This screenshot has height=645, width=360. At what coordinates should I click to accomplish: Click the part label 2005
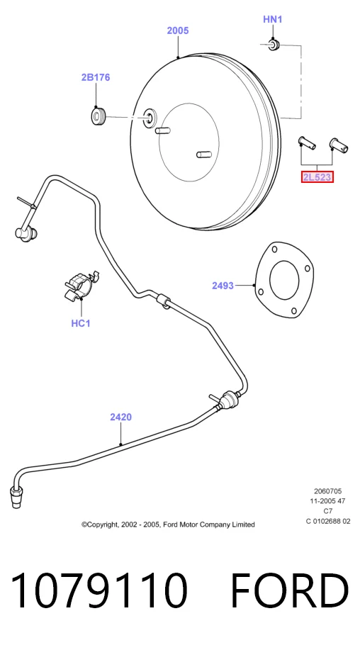pyautogui.click(x=178, y=30)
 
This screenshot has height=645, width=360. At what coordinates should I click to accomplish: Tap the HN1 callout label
pyautogui.click(x=273, y=19)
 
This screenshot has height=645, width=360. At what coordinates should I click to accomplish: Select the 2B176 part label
pyautogui.click(x=96, y=77)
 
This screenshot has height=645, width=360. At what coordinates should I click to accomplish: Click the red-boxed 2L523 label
pyautogui.click(x=317, y=177)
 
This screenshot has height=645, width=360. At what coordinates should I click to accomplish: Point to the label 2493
pyautogui.click(x=223, y=285)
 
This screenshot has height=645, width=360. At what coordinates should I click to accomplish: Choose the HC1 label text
pyautogui.click(x=81, y=323)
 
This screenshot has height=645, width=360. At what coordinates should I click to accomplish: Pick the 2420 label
pyautogui.click(x=121, y=417)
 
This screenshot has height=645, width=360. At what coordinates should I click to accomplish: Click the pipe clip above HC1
pyautogui.click(x=82, y=284)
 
